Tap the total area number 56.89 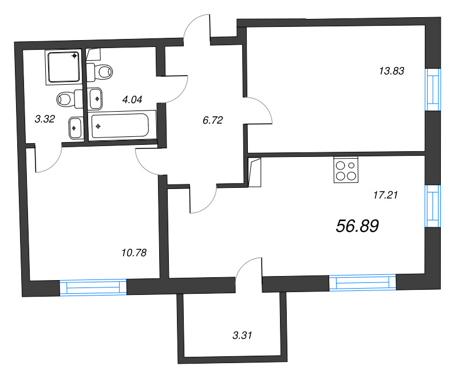[357, 226]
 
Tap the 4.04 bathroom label [132, 99]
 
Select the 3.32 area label [44, 119]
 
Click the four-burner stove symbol [346, 170]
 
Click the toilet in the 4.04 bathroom [100, 72]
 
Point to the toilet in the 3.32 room [69, 99]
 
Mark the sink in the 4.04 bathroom [96, 98]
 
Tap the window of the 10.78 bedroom [93, 288]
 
